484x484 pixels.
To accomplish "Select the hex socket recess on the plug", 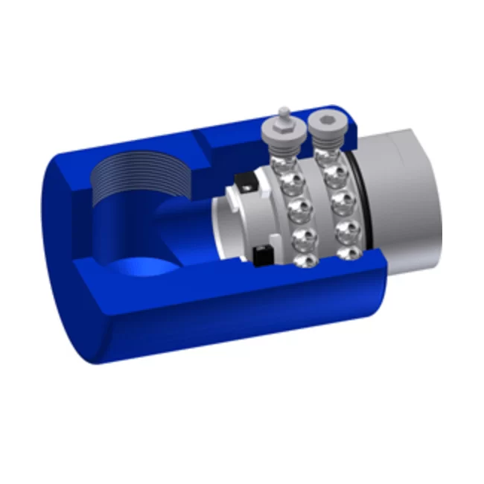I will click(x=323, y=118).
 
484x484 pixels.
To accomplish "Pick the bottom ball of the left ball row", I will click(x=305, y=260).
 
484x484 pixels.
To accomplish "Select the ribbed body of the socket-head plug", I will click(x=323, y=141).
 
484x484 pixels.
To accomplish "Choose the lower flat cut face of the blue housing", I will click(x=246, y=298).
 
